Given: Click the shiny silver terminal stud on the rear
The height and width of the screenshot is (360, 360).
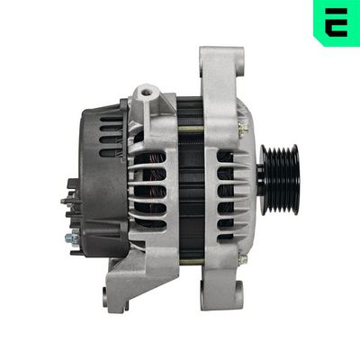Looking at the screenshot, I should [x=71, y=238].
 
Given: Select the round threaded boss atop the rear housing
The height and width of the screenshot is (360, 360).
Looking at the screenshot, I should [x=144, y=92].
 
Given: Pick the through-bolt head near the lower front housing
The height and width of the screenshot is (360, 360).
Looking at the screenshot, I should [x=241, y=260].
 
